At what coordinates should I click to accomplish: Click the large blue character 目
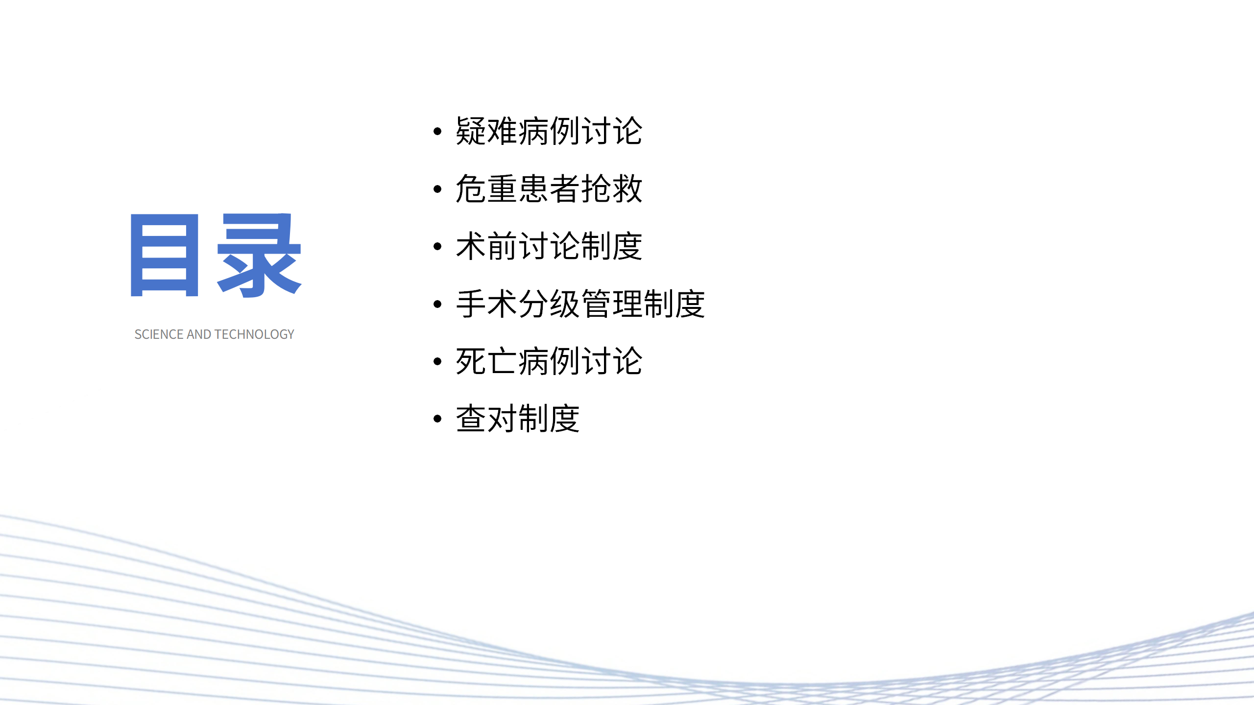pyautogui.click(x=165, y=255)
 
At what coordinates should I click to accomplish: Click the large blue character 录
pyautogui.click(x=259, y=255)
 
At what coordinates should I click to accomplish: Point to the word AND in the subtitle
pyautogui.click(x=199, y=334)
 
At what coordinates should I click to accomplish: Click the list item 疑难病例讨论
pyautogui.click(x=549, y=131)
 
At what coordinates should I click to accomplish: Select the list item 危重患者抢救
pyautogui.click(x=549, y=189)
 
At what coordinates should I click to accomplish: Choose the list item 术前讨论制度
pyautogui.click(x=549, y=246)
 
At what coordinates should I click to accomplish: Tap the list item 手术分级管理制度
pyautogui.click(x=580, y=304)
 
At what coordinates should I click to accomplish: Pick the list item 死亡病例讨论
pyautogui.click(x=549, y=361)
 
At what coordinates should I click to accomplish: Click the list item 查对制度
pyautogui.click(x=517, y=419)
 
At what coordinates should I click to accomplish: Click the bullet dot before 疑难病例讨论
pyautogui.click(x=437, y=131)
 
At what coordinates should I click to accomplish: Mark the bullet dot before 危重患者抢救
pyautogui.click(x=437, y=189)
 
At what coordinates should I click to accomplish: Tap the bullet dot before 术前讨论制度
pyautogui.click(x=437, y=246)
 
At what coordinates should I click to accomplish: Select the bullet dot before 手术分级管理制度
pyautogui.click(x=437, y=304)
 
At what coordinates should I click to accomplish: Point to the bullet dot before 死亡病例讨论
pyautogui.click(x=437, y=361)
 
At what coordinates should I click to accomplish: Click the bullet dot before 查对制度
pyautogui.click(x=437, y=419)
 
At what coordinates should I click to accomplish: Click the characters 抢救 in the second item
pyautogui.click(x=611, y=189)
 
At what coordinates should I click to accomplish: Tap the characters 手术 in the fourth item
pyautogui.click(x=486, y=304)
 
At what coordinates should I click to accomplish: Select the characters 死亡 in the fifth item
pyautogui.click(x=486, y=361)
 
